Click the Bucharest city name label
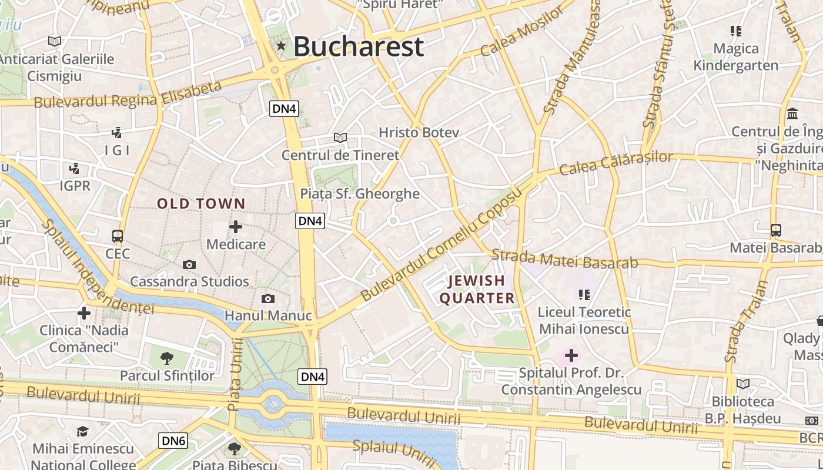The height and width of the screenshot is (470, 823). [x=358, y=46]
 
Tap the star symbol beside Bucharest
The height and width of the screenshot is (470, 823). [x=281, y=46]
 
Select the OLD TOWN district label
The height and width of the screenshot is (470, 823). [x=201, y=204]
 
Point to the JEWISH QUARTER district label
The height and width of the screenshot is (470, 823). [x=477, y=289]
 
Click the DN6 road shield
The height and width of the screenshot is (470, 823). [x=173, y=441]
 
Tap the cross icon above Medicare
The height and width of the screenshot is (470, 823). [x=236, y=227]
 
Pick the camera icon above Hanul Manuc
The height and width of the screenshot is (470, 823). [x=268, y=298]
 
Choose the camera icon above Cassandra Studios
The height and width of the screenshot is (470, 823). [x=189, y=264]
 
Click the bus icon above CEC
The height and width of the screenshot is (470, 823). [x=118, y=236]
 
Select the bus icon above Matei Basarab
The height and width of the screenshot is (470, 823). [x=775, y=230]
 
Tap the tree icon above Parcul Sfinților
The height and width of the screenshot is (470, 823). [x=167, y=358]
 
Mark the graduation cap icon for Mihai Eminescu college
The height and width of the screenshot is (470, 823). [x=82, y=432]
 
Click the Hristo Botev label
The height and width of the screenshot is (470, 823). [x=419, y=132]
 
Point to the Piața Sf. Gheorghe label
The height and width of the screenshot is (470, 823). [x=360, y=193]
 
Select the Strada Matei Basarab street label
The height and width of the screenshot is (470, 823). [x=564, y=259]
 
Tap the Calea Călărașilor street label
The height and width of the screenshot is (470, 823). [x=615, y=164]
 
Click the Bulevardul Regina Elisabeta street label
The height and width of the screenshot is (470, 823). [x=128, y=95]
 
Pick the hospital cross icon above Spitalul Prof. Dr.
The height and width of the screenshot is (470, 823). [x=571, y=355]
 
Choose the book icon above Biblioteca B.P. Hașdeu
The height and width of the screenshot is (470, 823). [x=743, y=384]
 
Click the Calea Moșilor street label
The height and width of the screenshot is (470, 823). [x=521, y=33]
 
